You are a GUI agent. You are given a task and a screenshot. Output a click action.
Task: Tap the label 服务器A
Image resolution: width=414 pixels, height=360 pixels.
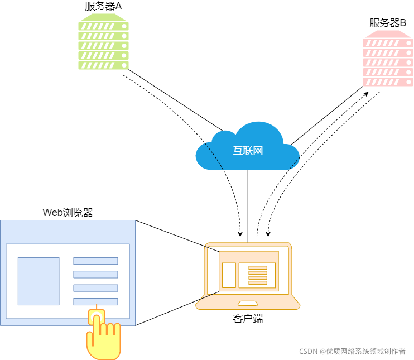[103, 7]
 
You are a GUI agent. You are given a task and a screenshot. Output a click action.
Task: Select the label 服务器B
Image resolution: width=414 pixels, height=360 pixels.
[388, 23]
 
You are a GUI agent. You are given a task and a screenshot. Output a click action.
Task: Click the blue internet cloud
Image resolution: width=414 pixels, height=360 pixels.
[248, 147]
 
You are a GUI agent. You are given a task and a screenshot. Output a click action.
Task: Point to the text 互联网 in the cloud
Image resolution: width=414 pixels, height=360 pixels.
[248, 151]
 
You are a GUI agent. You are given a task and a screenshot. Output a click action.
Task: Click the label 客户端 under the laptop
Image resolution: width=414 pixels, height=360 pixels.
[248, 319]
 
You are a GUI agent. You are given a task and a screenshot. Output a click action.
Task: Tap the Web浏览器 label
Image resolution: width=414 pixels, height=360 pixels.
[68, 213]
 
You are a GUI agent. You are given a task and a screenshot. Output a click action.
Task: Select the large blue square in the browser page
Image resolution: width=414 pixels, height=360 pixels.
[38, 281]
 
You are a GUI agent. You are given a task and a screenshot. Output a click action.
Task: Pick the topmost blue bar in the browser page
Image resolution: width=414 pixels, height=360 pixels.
[95, 261]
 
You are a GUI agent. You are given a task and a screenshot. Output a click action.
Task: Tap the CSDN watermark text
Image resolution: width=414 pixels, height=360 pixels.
[352, 351]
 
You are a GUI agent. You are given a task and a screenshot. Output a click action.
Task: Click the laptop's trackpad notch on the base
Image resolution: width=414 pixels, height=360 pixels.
[248, 303]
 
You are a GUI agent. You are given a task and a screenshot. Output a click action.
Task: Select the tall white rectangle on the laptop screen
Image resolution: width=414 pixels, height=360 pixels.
[229, 275]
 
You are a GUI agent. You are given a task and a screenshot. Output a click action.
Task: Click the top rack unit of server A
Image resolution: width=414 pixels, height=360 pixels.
[103, 26]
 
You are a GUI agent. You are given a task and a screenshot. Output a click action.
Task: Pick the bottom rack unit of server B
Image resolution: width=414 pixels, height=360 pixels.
[388, 82]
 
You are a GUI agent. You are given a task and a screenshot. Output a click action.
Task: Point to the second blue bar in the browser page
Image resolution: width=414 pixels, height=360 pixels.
[95, 274]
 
